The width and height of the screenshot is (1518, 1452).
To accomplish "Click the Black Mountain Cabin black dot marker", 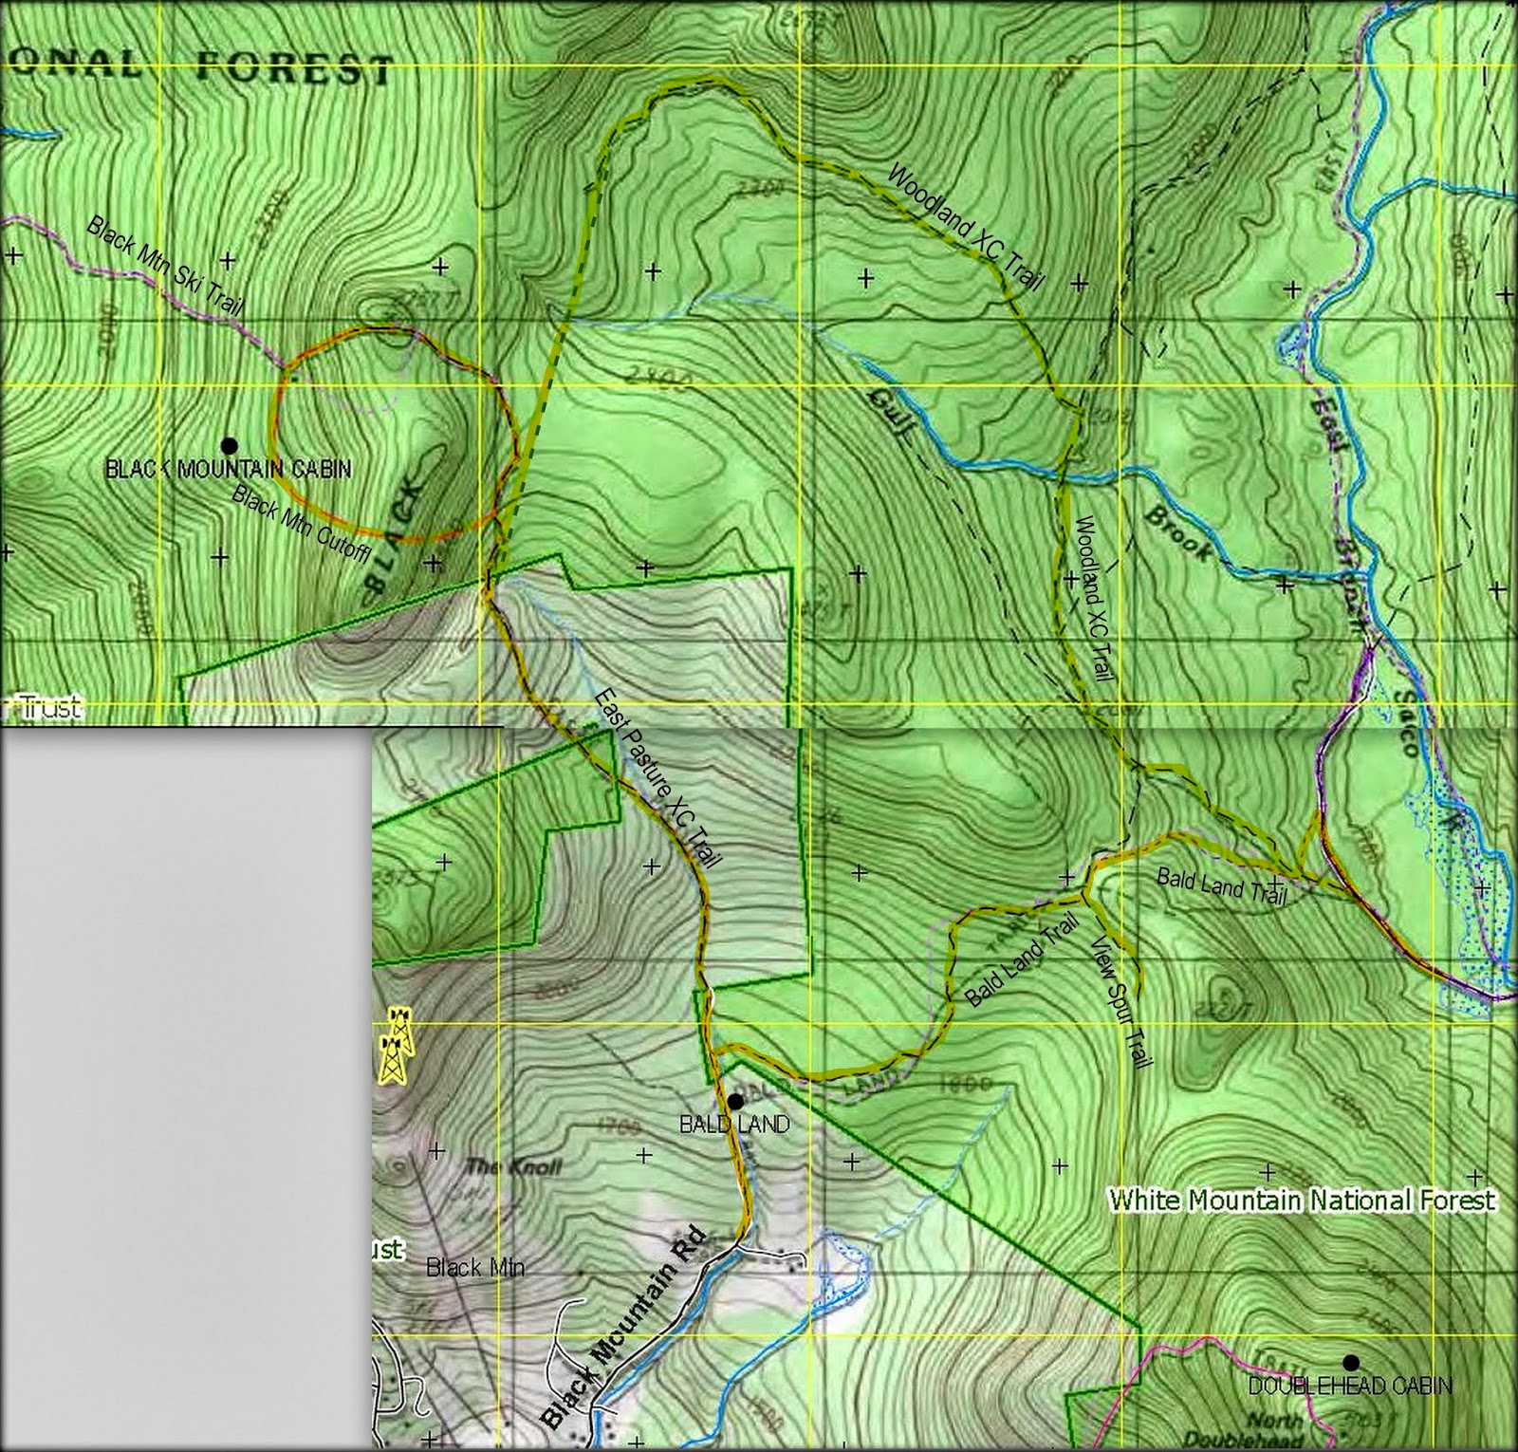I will pos(228,444).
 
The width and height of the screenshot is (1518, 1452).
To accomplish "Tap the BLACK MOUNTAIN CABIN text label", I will pos(228,469).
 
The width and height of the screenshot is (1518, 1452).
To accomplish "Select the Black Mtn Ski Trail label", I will pos(165,267).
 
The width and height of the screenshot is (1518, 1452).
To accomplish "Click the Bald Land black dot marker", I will pos(734,1101).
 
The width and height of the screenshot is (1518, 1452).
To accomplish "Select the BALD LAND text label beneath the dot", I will pos(734,1125).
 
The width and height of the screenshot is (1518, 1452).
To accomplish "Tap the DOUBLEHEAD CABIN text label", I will pos(1349,1387).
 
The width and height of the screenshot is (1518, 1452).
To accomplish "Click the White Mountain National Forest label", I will pos(1302,1201).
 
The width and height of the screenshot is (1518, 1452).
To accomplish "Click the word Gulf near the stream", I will pos(894,419).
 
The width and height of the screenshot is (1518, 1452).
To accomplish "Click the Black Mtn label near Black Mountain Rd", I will pos(475,1267).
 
